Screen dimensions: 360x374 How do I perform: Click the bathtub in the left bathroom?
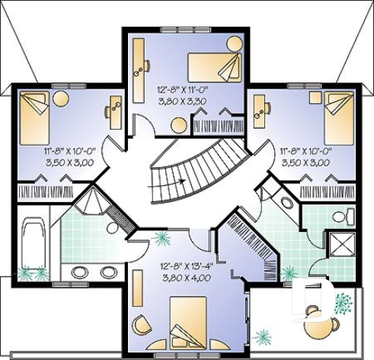coord(34,243)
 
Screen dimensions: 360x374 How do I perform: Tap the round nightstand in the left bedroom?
coord(61,98)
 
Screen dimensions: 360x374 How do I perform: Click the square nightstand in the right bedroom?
coord(314,97)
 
